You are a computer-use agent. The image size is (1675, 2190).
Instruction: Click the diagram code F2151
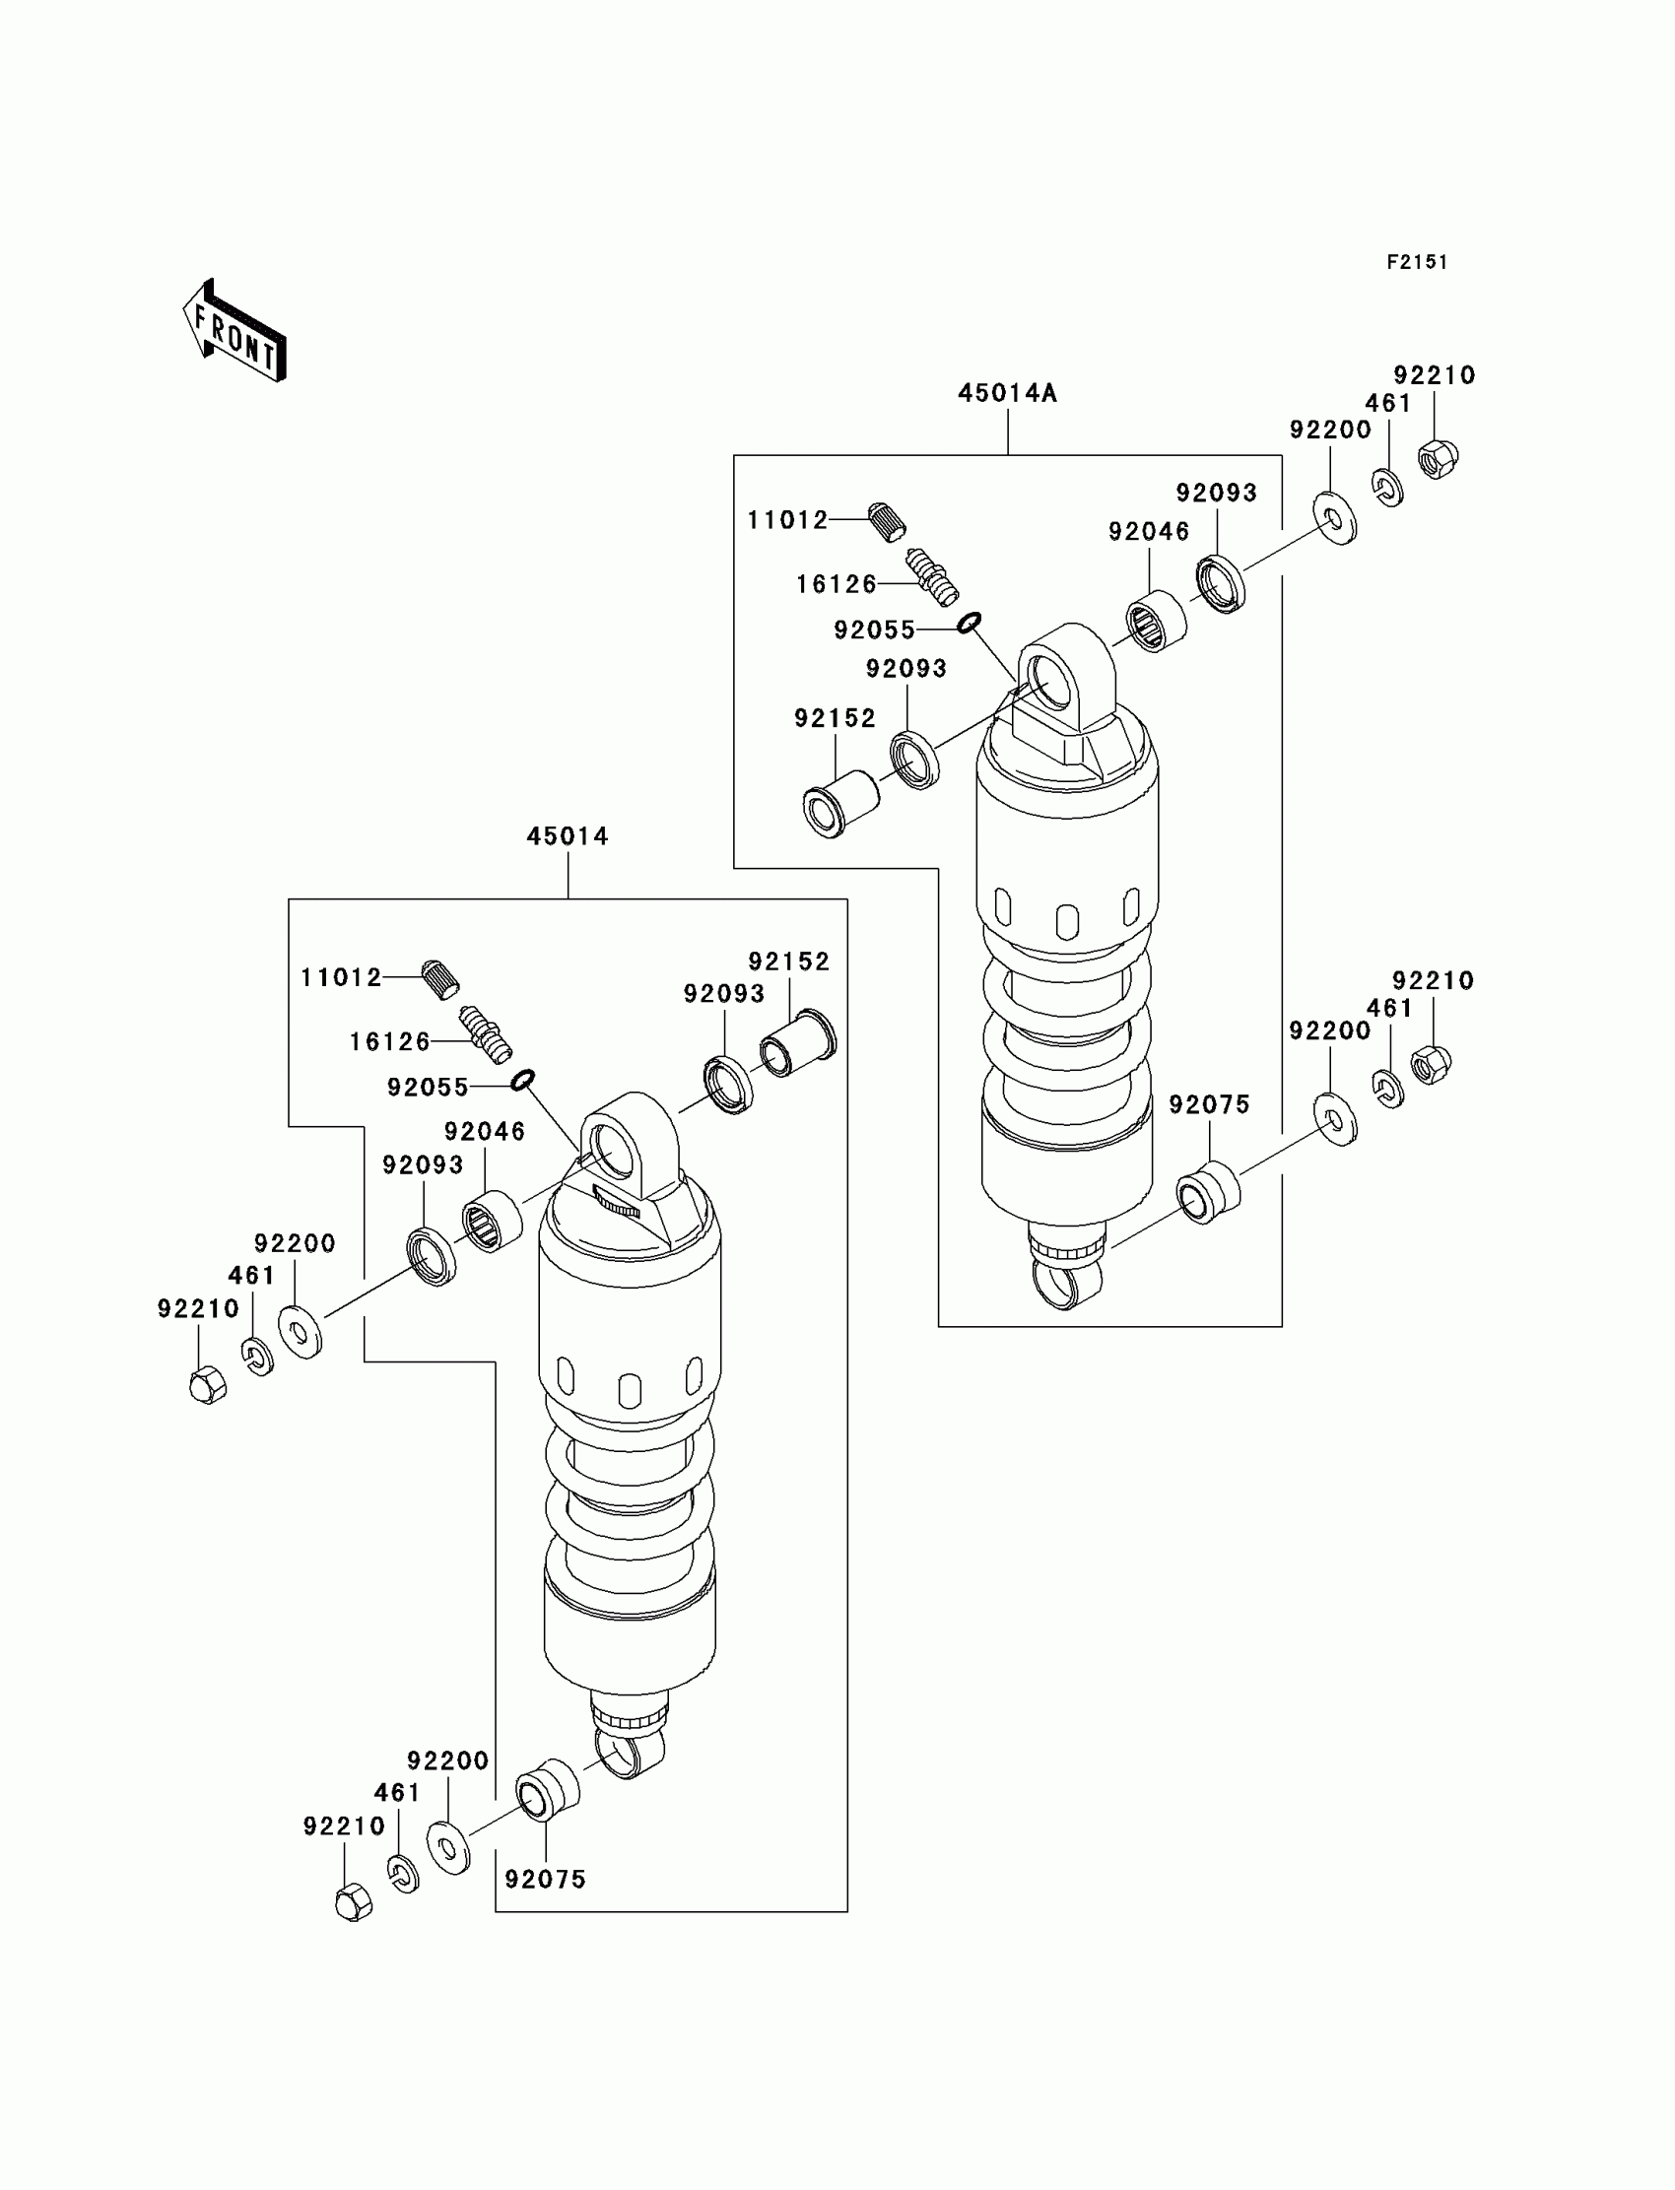coord(1417,262)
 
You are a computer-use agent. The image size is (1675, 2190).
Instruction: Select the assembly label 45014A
coord(1007,394)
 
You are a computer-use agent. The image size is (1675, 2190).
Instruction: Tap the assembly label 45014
coord(568,836)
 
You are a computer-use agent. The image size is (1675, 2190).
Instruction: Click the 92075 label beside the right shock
coord(1209,1104)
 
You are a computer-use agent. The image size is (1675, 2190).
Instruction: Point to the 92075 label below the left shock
coord(546,1879)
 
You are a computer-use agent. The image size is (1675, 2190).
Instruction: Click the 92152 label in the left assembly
coord(788,962)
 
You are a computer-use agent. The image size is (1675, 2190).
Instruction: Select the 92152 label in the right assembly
coord(835,719)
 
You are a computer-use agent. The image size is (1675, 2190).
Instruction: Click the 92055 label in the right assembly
coord(874,630)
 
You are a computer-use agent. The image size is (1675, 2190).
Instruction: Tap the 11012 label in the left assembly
coord(341,978)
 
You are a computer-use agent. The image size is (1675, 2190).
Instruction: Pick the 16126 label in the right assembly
coord(836,585)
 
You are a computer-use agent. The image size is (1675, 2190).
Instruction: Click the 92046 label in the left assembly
coord(485,1131)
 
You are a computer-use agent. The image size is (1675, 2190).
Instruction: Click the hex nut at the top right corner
coord(1437,458)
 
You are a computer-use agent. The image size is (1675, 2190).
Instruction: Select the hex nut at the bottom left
coord(353,1902)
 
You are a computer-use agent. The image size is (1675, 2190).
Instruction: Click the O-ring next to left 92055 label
coord(523,1080)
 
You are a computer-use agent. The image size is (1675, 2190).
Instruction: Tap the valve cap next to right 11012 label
coord(888,522)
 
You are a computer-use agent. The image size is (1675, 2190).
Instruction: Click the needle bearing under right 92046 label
coord(1157,621)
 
